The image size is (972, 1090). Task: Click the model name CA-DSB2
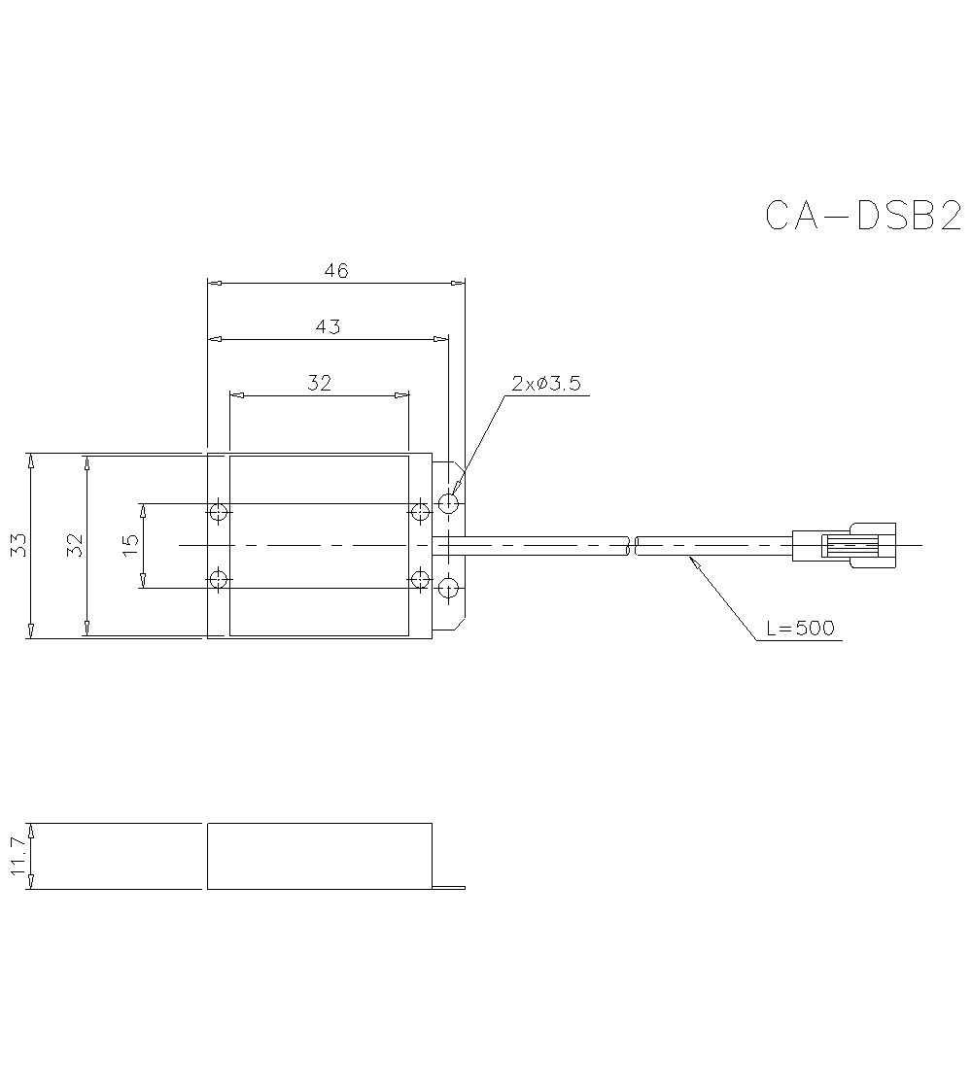point(863,216)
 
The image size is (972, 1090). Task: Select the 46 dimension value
point(335,271)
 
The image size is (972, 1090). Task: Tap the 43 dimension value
point(328,326)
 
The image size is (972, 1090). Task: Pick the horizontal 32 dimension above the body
point(319,383)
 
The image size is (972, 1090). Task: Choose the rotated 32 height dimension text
point(74,545)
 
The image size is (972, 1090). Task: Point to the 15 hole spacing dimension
point(131,545)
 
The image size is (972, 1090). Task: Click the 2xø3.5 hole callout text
point(545,383)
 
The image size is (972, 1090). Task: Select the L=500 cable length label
point(800,628)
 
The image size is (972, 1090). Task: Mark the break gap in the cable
point(631,546)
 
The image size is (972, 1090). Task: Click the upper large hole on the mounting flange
point(448,504)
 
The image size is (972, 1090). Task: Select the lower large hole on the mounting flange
point(448,587)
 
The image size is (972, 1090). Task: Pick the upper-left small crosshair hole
point(220,511)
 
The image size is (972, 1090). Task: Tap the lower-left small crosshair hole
point(220,580)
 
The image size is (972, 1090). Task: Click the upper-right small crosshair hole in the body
point(420,511)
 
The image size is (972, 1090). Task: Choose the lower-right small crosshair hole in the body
point(420,580)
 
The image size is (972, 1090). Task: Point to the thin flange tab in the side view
point(448,886)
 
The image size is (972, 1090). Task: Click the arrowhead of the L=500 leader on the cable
point(691,561)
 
